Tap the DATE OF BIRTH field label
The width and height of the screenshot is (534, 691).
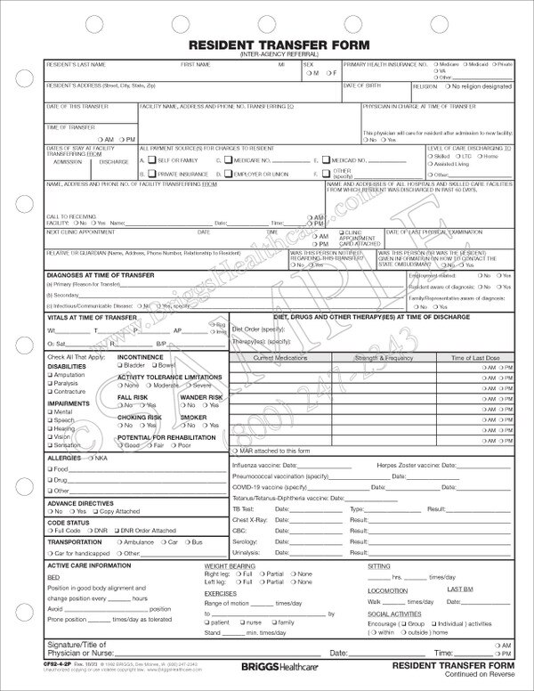point(361,85)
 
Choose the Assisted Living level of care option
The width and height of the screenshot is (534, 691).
point(431,165)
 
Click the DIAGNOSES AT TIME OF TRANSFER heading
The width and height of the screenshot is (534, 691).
point(100,276)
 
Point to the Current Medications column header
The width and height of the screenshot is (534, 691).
point(279,357)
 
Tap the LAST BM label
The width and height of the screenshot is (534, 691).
point(461,589)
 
